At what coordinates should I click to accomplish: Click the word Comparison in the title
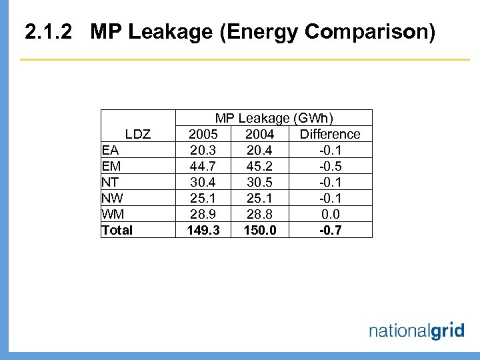361,31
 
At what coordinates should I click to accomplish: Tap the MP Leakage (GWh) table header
274,118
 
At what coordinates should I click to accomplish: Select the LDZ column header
138,134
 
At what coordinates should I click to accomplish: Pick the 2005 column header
203,134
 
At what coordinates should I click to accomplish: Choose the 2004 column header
259,134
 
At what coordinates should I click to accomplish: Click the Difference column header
330,134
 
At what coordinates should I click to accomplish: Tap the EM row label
111,166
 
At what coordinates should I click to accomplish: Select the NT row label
110,182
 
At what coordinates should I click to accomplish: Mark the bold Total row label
117,230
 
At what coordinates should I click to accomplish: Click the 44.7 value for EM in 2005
203,166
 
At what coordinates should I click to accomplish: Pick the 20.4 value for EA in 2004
259,150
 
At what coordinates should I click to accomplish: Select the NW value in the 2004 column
259,198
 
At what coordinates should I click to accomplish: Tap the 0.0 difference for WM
330,214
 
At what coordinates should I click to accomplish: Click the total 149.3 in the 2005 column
203,230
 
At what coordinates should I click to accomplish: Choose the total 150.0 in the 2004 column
259,230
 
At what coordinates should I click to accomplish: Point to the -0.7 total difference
330,230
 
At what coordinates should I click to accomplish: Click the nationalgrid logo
416,331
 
